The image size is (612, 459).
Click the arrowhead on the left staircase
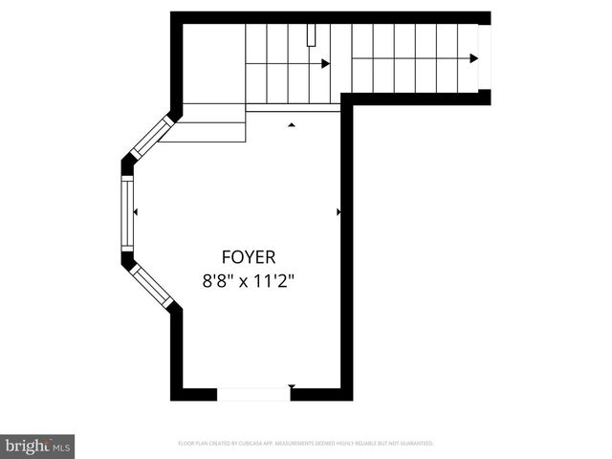click(x=325, y=64)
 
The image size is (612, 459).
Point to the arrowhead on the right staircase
click(x=473, y=59)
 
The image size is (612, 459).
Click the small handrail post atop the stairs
click(x=311, y=35)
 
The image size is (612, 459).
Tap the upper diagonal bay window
click(x=151, y=138)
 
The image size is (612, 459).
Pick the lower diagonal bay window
click(x=151, y=285)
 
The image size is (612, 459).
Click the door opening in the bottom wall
click(x=252, y=393)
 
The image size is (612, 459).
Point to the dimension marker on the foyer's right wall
click(x=339, y=211)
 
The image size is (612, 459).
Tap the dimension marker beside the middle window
click(x=136, y=211)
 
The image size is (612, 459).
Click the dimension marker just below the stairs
click(x=292, y=124)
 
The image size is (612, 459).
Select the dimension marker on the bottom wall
click(x=292, y=386)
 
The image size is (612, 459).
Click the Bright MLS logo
click(x=38, y=447)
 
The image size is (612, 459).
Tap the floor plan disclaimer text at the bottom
click(x=305, y=444)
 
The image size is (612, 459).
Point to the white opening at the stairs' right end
click(x=484, y=57)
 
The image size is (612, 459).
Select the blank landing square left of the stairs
click(x=212, y=63)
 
